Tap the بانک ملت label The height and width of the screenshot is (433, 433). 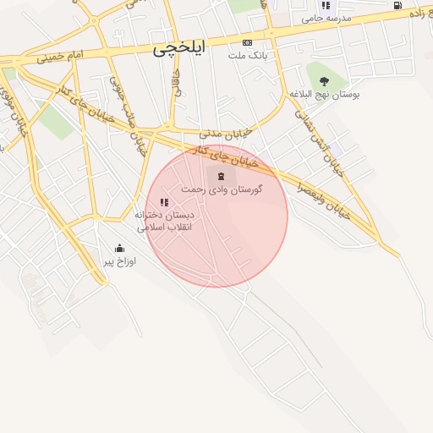247,55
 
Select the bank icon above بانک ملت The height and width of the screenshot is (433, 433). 247,42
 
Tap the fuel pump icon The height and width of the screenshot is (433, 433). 397,5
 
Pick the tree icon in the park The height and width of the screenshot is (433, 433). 324,81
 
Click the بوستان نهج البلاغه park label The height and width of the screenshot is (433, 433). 325,95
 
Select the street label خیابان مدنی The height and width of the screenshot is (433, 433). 227,134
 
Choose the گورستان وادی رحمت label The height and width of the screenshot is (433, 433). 222,189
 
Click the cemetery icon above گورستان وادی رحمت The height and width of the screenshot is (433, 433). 221,176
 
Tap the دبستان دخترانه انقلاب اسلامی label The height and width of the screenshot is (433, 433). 164,222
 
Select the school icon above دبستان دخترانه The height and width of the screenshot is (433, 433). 163,203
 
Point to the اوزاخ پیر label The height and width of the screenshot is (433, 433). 119,261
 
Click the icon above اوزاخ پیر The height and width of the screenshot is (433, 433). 119,249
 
